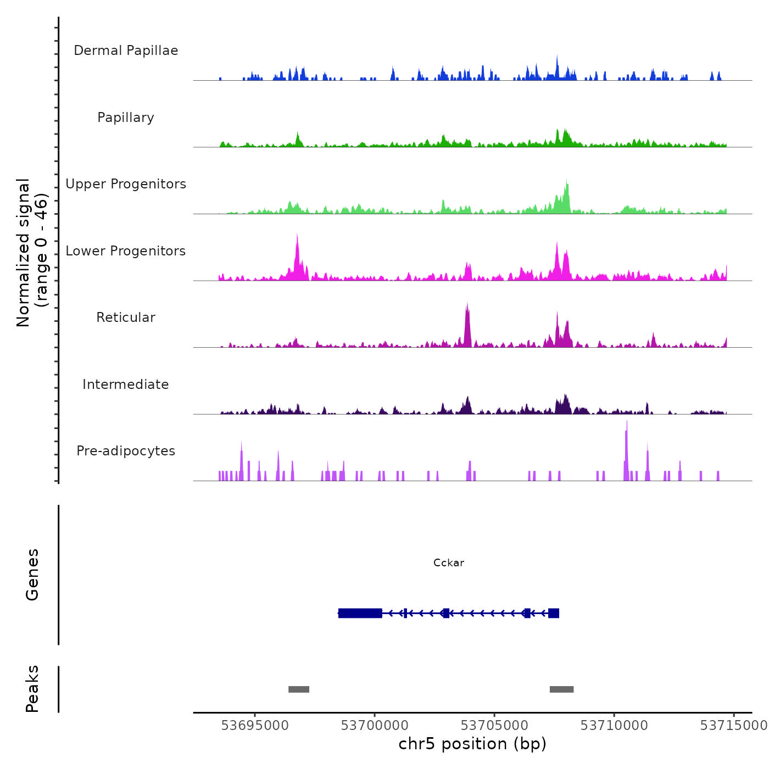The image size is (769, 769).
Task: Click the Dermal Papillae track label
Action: click(126, 51)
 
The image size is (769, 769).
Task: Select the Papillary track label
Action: click(126, 118)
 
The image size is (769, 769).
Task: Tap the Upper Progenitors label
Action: click(126, 184)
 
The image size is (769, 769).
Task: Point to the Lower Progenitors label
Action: click(126, 251)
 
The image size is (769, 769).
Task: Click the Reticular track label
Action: click(126, 317)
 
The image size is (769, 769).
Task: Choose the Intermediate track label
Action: click(126, 384)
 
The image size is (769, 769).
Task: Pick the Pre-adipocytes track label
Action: click(126, 451)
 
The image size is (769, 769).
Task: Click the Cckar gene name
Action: click(449, 562)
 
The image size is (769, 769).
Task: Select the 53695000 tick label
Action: click(255, 726)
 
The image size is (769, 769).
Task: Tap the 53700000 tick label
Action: click(375, 726)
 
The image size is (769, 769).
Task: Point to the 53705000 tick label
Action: click(494, 726)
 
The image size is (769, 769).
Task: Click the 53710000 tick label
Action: click(614, 726)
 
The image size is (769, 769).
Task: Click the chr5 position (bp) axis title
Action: click(472, 744)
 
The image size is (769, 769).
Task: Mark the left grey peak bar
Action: click(299, 689)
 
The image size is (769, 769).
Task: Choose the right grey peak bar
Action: click(561, 689)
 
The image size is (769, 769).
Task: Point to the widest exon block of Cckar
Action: click(360, 613)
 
